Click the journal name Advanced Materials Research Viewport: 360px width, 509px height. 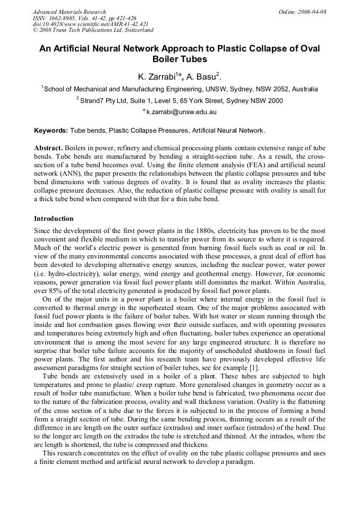tap(70, 12)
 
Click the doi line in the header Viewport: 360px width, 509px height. tap(91, 24)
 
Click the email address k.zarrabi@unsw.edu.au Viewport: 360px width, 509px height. tap(181, 112)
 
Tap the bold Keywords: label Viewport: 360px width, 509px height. tap(51, 131)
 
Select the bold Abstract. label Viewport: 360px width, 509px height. tap(49, 148)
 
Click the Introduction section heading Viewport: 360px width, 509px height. tap(54, 219)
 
